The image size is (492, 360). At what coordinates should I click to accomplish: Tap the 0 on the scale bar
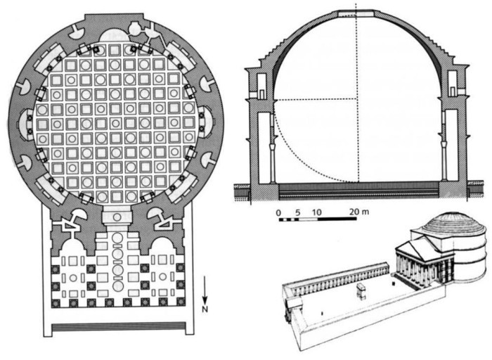pyautogui.click(x=278, y=212)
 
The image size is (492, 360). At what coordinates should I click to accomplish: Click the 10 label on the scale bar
pyautogui.click(x=317, y=212)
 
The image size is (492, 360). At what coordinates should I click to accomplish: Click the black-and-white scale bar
pyautogui.click(x=316, y=220)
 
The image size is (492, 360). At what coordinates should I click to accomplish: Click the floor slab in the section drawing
pyautogui.click(x=357, y=188)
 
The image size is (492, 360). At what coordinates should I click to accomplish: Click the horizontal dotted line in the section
pyautogui.click(x=316, y=100)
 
